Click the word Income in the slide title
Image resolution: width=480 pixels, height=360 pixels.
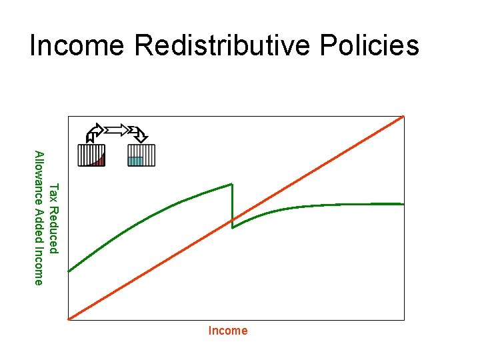pos(77,46)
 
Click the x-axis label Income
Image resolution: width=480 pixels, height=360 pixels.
pos(227,331)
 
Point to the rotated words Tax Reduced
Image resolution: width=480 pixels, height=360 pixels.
pos(55,218)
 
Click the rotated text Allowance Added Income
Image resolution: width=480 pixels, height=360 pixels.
pos(39,218)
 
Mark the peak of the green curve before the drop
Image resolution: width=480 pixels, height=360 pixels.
pos(231,184)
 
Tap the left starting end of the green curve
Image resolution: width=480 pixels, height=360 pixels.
pos(69,271)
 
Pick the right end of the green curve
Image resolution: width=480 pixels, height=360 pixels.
pos(403,203)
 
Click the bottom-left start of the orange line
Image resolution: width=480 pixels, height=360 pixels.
pos(70,319)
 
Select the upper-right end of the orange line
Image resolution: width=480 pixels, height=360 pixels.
pos(403,117)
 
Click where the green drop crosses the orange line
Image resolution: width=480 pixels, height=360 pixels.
pos(232,219)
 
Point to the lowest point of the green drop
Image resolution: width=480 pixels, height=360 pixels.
pos(232,228)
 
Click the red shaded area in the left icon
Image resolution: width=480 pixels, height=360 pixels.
pos(100,161)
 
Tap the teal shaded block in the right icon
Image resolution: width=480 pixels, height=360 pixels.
pos(135,161)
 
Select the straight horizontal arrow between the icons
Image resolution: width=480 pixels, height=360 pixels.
pos(117,129)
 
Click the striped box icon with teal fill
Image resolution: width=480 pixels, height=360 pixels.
pos(141,155)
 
